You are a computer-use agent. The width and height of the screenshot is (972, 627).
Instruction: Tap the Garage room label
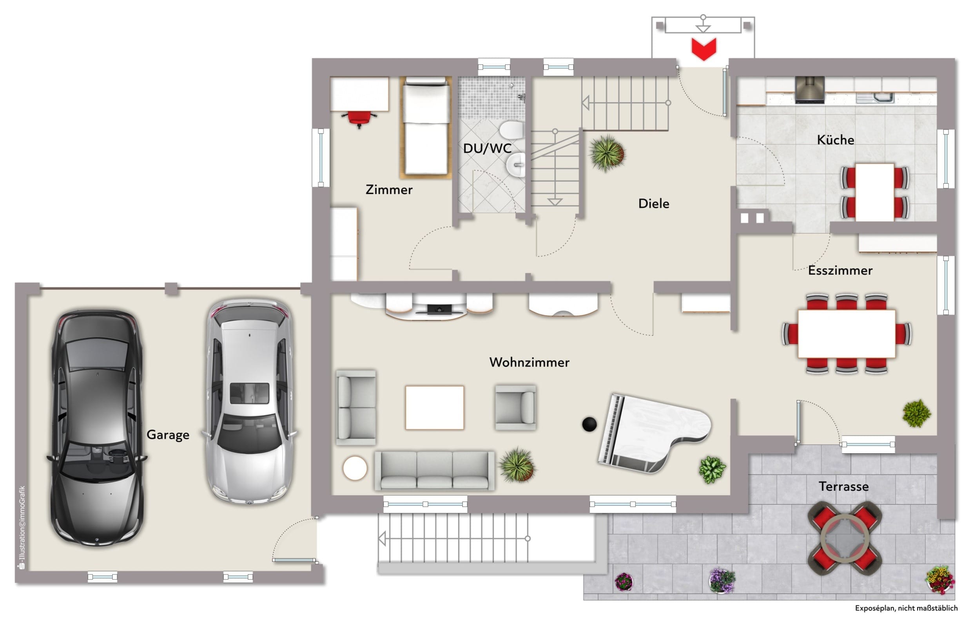coord(168,435)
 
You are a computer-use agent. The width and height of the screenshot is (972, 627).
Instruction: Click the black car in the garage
coord(97,428)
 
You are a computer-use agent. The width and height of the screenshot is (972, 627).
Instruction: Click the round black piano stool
coord(589,424)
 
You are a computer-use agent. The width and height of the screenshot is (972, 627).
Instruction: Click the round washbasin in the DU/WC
coord(516,165)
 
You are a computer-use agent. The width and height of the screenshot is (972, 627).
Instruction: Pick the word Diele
coord(653,204)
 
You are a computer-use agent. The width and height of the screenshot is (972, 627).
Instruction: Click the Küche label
coord(836,140)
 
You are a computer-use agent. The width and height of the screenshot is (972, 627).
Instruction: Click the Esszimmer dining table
coord(847,334)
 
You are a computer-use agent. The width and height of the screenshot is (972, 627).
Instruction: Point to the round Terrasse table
coord(845,538)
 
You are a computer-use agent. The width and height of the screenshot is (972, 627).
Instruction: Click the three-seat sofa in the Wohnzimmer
coord(434,470)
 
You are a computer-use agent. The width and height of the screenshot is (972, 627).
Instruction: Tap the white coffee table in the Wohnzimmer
coord(434,408)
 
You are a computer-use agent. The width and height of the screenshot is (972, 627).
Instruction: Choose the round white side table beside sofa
coord(355,468)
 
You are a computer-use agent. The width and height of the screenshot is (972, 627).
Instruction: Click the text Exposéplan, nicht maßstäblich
coord(906,608)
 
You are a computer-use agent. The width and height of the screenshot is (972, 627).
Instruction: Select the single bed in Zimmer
coord(426,127)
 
